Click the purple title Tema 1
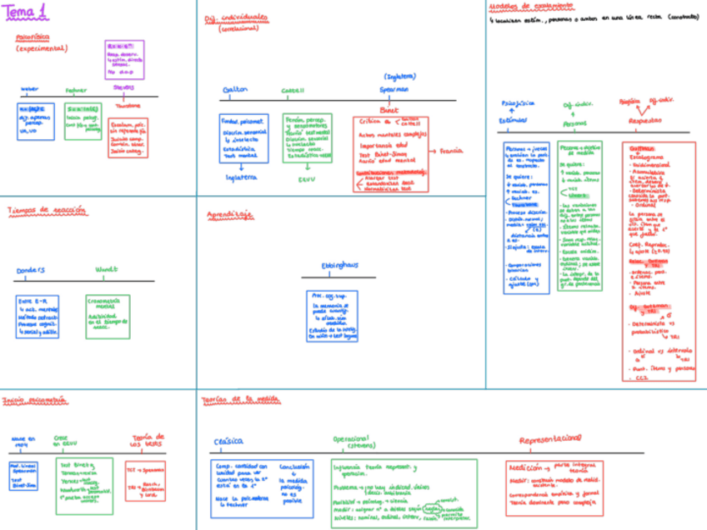(25, 11)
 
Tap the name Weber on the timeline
(29, 88)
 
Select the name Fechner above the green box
(76, 89)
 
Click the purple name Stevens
(123, 87)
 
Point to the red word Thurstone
(128, 106)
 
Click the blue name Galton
(236, 89)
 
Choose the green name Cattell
(293, 89)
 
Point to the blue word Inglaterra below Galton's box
(242, 177)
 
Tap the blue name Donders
(31, 269)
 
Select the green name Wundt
(106, 269)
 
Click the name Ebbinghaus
(339, 265)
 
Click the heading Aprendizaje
(230, 214)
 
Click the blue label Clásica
(228, 441)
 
